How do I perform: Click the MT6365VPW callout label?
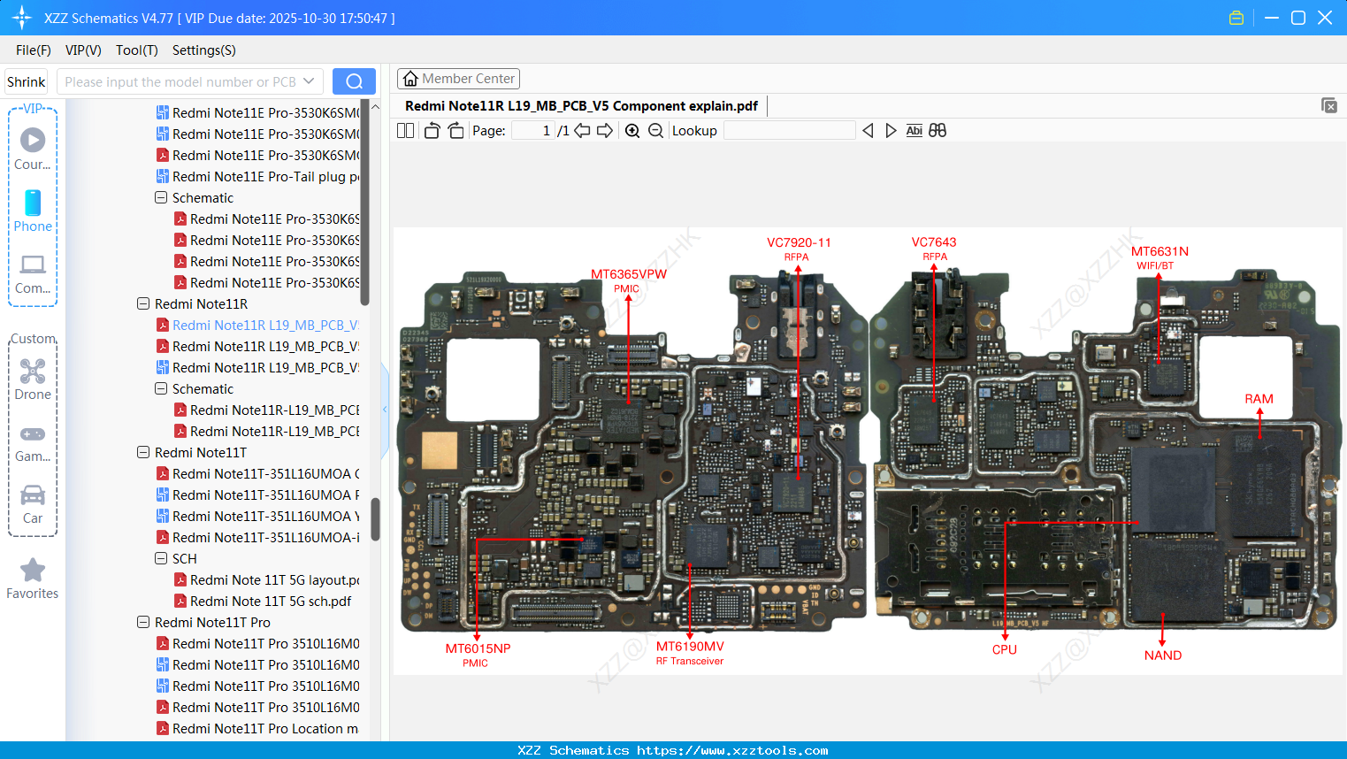[628, 274]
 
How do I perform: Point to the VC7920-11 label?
[798, 242]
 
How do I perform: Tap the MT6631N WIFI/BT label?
[1159, 252]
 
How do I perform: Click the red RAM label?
[1259, 399]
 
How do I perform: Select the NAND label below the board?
[1162, 655]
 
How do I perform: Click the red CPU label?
[1004, 649]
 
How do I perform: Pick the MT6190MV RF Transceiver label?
[690, 647]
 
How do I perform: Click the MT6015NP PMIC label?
[478, 648]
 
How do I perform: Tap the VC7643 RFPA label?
[934, 242]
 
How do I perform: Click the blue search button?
[354, 81]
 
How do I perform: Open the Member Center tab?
[458, 79]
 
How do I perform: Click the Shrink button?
[26, 81]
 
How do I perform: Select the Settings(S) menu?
[203, 50]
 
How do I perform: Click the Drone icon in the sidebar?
[33, 372]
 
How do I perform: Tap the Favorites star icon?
[33, 571]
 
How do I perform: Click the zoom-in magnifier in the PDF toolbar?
[632, 131]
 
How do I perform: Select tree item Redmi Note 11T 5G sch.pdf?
[270, 602]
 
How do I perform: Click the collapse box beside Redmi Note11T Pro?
[143, 623]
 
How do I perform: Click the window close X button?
[1324, 18]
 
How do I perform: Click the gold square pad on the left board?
[439, 450]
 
